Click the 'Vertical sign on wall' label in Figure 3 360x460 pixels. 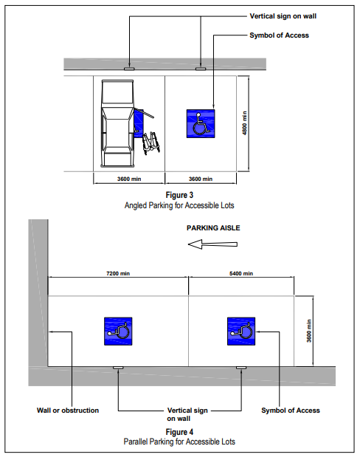[283, 16]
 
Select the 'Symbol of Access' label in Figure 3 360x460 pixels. [279, 35]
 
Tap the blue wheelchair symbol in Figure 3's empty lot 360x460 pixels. [201, 123]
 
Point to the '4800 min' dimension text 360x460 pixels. [245, 123]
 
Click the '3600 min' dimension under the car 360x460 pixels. [129, 179]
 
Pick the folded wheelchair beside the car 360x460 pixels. [151, 143]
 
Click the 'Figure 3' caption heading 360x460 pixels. [179, 195]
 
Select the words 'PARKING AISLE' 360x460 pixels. [213, 228]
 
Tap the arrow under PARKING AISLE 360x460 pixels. [212, 244]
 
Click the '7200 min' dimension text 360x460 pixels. [118, 273]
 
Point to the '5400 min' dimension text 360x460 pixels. [241, 273]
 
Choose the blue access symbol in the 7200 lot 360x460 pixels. [118, 332]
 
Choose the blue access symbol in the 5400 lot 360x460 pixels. [241, 332]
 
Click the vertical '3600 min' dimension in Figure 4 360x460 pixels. [309, 331]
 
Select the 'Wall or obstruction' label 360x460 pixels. [68, 411]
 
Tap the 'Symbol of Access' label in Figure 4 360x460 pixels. [291, 411]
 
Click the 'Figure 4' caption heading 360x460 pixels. [179, 432]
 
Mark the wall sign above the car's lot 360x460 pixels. [129, 69]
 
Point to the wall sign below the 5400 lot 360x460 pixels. [241, 368]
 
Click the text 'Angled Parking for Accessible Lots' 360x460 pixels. [179, 205]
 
